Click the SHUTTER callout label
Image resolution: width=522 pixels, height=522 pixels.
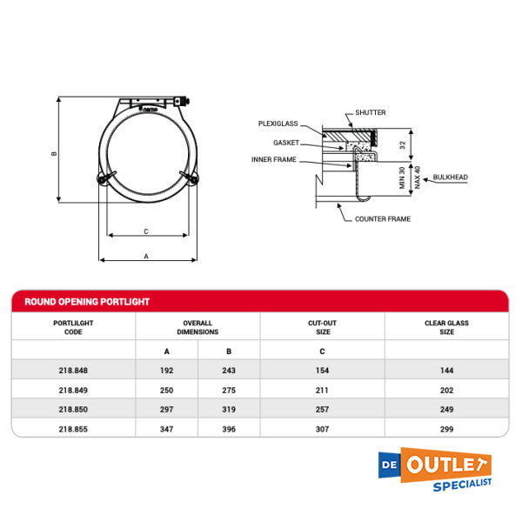[x=370, y=113]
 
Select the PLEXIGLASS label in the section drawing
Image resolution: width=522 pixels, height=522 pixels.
[x=278, y=124]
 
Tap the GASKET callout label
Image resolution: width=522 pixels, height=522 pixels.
[x=286, y=142]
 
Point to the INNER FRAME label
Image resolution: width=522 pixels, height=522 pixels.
[x=273, y=160]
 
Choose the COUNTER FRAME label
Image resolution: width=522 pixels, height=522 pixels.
[x=383, y=219]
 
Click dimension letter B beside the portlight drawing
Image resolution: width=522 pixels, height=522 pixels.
[x=54, y=154]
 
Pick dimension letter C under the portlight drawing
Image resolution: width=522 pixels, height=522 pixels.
[x=146, y=231]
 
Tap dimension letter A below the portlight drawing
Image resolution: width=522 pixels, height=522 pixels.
[x=146, y=256]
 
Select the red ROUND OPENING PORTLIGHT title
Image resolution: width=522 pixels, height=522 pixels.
[x=87, y=302]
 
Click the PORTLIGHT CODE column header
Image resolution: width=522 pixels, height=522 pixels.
[x=73, y=327]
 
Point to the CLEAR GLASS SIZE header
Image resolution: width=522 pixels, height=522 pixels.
[x=446, y=327]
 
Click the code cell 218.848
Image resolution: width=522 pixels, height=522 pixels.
[x=73, y=370]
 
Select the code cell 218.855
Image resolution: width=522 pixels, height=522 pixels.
[x=73, y=428]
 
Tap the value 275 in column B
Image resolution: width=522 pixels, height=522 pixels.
[x=229, y=390]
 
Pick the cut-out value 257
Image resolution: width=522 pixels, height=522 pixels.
[x=322, y=409]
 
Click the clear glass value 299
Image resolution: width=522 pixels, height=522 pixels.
[x=446, y=428]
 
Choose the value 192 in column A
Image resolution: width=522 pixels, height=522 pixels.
[x=166, y=370]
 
